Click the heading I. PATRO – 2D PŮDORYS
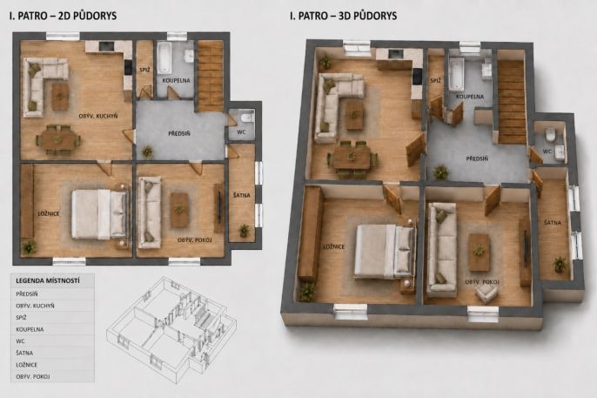[63, 16]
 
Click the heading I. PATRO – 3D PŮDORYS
[343, 16]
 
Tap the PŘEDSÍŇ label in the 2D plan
[179, 133]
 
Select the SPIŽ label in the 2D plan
[144, 70]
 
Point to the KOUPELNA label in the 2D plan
[176, 80]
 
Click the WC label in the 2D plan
[241, 132]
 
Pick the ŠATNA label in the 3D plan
[553, 222]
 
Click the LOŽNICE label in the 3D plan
[334, 246]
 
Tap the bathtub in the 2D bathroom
[164, 57]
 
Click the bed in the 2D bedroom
[100, 213]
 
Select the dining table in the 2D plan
[57, 139]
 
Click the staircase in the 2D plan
[211, 76]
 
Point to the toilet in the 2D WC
[247, 118]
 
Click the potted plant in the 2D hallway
[147, 152]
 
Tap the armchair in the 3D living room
[486, 293]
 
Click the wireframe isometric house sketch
[171, 329]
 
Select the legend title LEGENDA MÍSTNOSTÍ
[48, 281]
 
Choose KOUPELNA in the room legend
[30, 329]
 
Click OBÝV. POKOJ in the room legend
[33, 377]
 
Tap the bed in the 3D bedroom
[386, 252]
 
